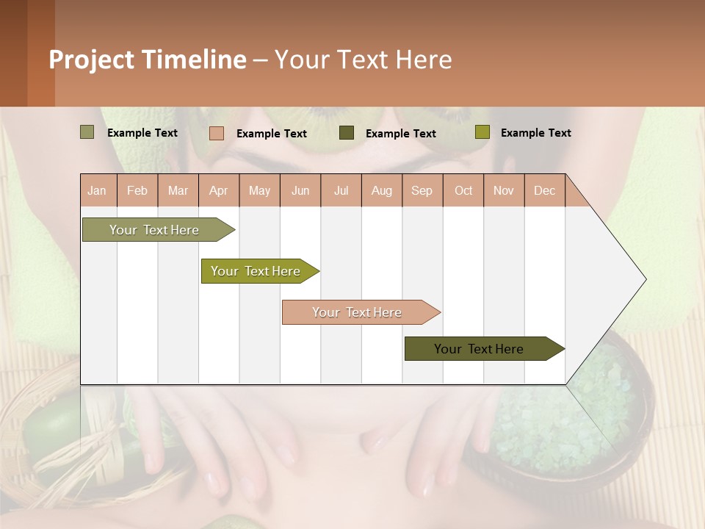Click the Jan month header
point(97,190)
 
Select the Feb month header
point(137,190)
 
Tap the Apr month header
point(218,190)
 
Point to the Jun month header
point(300,190)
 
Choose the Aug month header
point(381,190)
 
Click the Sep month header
point(422,190)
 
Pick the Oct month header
point(463,190)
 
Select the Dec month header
point(544,190)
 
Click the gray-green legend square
point(87,132)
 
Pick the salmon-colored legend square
point(217,133)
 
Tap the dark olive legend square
point(347,132)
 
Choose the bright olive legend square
point(482,132)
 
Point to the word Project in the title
point(90,60)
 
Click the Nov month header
point(503,190)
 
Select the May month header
point(259,190)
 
